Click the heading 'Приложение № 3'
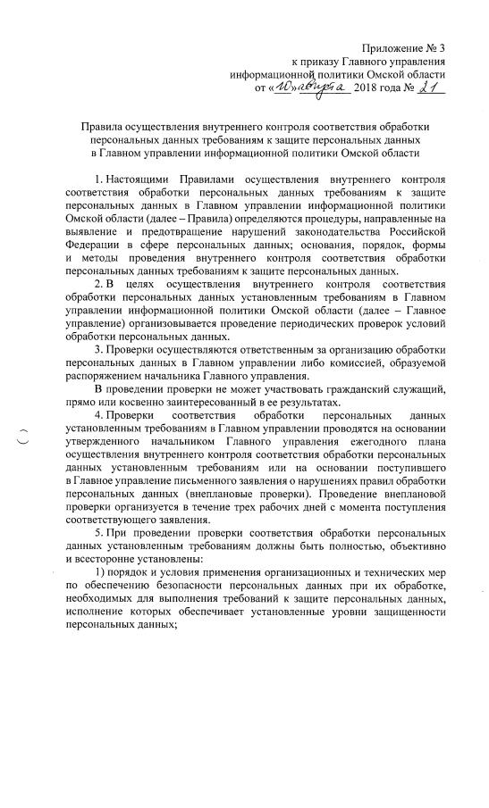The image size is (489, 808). click(403, 46)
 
